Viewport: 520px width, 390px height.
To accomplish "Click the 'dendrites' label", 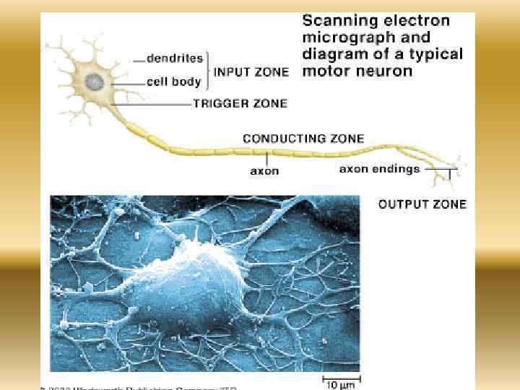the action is click(175, 58).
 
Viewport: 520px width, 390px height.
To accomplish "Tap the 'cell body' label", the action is click(173, 82).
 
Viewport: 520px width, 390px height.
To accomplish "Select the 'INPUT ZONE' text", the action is click(251, 71).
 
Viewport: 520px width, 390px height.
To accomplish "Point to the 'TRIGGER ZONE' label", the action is click(239, 103).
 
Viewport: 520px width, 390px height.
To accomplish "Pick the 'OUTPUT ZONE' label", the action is click(422, 204).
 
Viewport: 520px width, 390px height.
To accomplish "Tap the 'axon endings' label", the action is click(379, 169).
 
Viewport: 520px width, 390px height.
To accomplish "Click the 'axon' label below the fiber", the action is click(264, 171).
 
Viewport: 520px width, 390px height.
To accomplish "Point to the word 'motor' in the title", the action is click(323, 71).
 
